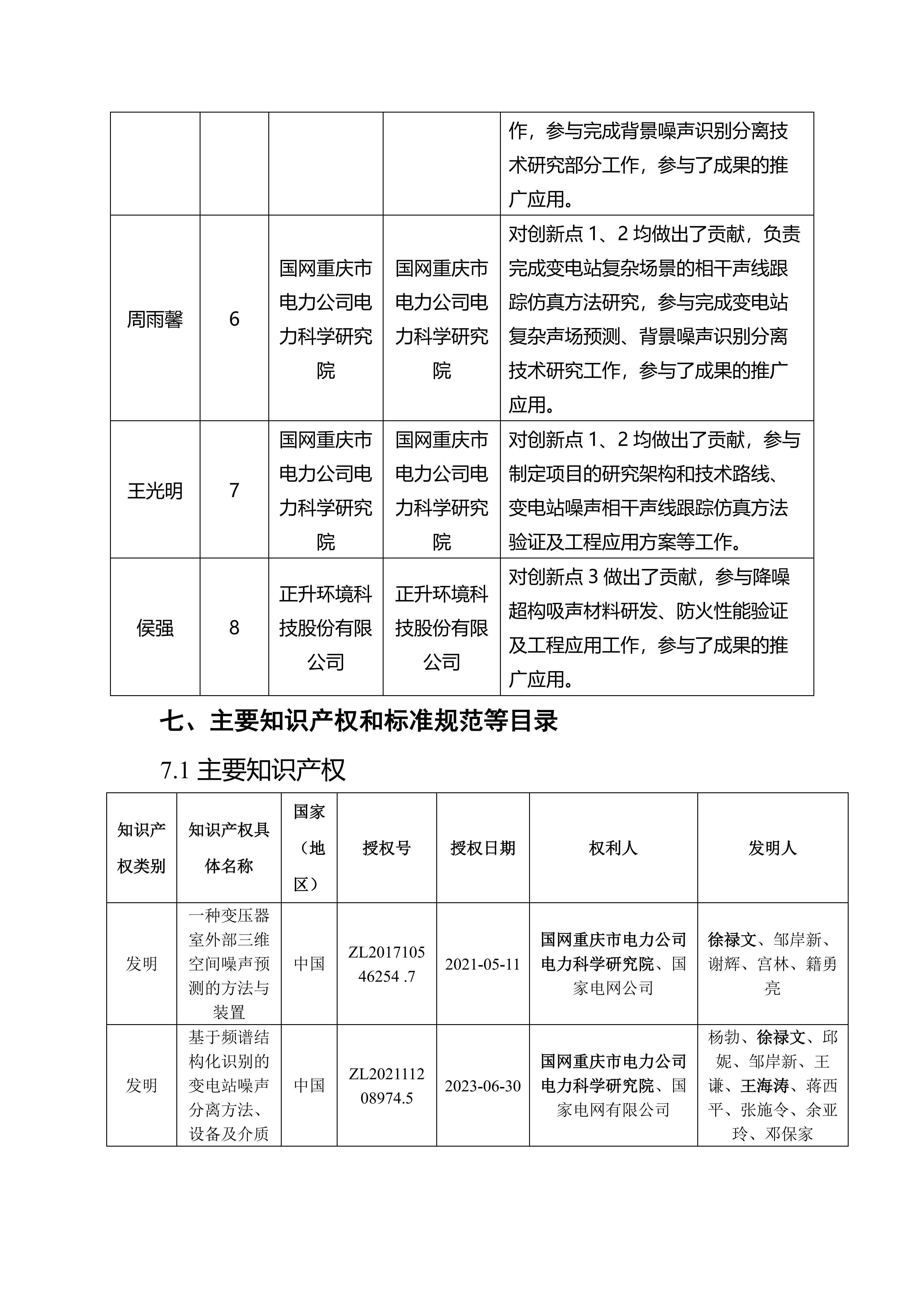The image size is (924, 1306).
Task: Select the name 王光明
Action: click(155, 490)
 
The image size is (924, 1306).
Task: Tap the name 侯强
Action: click(155, 628)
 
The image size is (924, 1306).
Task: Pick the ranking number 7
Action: click(234, 490)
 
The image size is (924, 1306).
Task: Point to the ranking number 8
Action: click(234, 628)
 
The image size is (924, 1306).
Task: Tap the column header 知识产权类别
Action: click(141, 848)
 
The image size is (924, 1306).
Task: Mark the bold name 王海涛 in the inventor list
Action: click(764, 1086)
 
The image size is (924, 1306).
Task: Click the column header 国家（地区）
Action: click(309, 848)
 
